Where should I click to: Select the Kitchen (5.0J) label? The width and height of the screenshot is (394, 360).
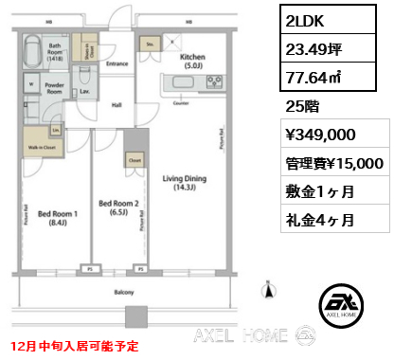[193, 62]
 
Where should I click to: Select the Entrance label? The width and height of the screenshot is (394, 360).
[117, 63]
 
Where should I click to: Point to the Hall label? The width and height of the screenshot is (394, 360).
[117, 106]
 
